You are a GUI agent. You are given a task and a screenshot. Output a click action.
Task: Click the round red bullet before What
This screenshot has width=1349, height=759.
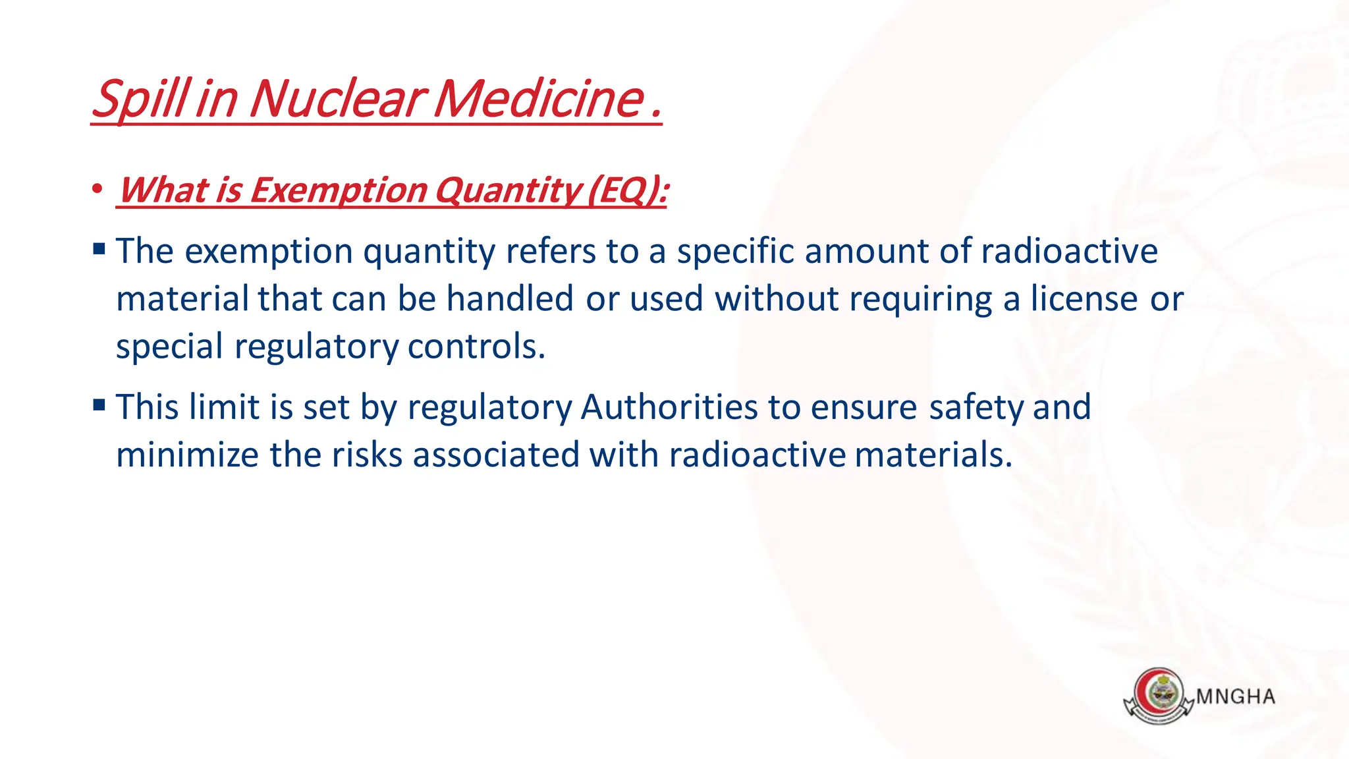point(97,189)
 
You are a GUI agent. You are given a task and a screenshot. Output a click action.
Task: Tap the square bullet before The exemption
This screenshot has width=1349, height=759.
point(99,249)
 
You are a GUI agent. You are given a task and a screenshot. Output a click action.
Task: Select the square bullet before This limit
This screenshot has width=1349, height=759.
point(99,405)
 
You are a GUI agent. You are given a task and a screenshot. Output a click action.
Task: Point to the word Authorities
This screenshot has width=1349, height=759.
point(669,407)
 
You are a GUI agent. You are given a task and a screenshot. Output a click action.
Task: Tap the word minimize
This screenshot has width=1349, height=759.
point(187,455)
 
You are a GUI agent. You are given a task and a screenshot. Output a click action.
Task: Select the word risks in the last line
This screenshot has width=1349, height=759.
point(366,455)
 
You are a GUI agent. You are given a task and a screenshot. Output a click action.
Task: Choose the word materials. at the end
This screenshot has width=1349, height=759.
point(933,455)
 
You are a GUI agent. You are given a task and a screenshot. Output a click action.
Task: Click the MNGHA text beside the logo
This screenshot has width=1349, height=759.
point(1235,697)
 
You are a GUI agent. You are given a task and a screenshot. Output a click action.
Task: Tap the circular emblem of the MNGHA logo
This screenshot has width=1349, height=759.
point(1159,694)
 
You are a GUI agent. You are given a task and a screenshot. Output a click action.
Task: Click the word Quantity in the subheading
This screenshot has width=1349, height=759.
point(507,190)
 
